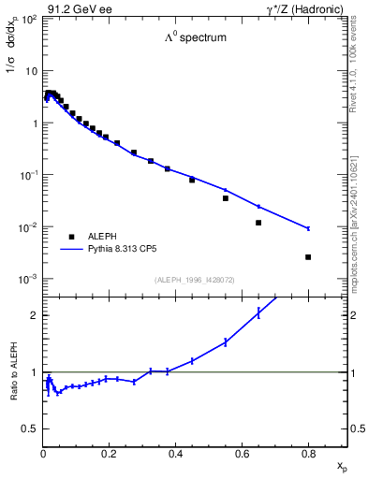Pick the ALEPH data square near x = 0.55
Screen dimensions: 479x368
(226, 198)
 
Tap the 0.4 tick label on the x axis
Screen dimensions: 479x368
(174, 455)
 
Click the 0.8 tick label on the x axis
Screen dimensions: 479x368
(307, 455)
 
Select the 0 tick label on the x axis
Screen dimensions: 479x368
(43, 455)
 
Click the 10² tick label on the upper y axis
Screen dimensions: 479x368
(31, 19)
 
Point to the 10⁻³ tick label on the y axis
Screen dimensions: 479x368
(30, 280)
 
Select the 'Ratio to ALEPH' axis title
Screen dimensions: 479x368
(14, 371)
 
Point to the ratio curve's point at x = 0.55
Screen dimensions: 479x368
(226, 342)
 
